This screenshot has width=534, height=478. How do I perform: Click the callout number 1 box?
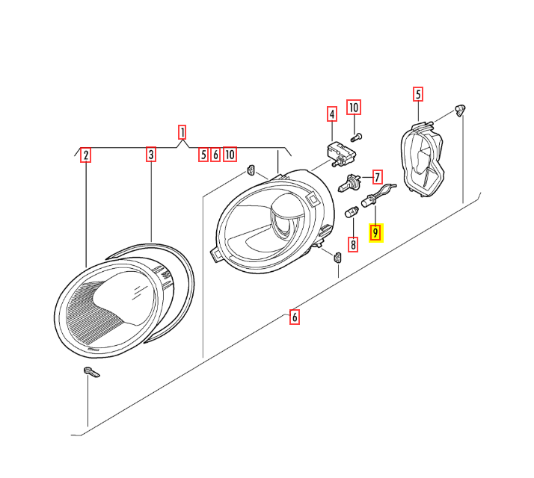tap(182, 133)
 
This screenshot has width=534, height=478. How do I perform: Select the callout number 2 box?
tap(86, 155)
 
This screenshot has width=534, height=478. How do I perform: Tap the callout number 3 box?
tap(151, 155)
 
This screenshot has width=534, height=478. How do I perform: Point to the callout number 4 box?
tap(331, 114)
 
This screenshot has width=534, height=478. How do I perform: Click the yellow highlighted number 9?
tap(376, 234)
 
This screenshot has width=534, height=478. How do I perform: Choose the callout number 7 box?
tap(378, 178)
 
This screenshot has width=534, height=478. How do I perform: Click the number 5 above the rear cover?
tap(418, 94)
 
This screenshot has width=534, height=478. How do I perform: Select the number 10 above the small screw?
tap(354, 108)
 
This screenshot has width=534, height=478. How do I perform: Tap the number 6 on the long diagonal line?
tap(295, 317)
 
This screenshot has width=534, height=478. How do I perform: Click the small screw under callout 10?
tap(356, 137)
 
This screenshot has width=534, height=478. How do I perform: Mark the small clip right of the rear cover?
tap(461, 111)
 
